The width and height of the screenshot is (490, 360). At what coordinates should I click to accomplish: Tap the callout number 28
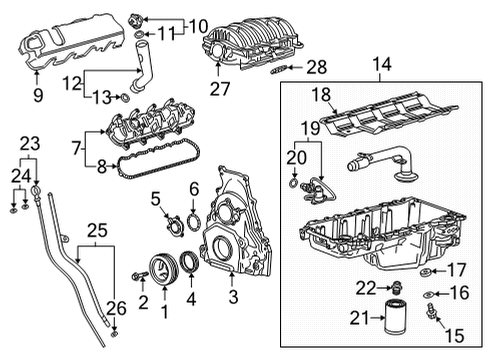click(289, 68)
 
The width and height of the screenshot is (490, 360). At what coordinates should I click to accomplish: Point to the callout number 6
click(194, 189)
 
